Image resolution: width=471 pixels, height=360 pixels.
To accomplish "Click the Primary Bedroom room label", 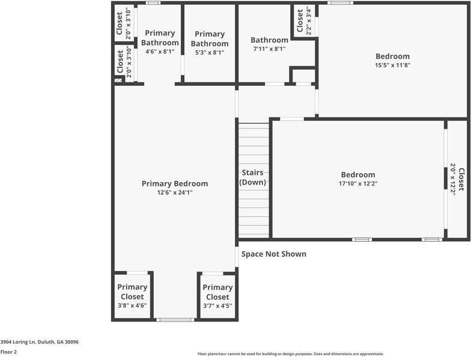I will (174, 183).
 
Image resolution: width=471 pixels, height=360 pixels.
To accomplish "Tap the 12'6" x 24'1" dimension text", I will (174, 192).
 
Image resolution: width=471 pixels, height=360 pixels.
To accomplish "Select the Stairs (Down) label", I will (253, 177).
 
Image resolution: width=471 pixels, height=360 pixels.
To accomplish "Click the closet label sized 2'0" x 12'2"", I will (457, 178).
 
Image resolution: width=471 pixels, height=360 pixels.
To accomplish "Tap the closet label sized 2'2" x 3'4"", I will (304, 21).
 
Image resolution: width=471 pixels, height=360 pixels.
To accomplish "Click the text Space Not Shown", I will (274, 254).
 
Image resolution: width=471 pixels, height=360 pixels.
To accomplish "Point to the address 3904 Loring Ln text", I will (26, 341).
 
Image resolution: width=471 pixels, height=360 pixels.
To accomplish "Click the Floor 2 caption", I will (8, 352).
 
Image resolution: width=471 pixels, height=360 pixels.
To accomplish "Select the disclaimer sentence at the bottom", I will (290, 354).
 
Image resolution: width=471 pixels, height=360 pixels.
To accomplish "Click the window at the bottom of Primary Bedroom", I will (175, 320).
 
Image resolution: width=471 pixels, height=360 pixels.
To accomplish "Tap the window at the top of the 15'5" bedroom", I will (340, 2).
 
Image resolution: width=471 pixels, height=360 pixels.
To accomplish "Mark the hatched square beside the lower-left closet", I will (118, 79).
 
